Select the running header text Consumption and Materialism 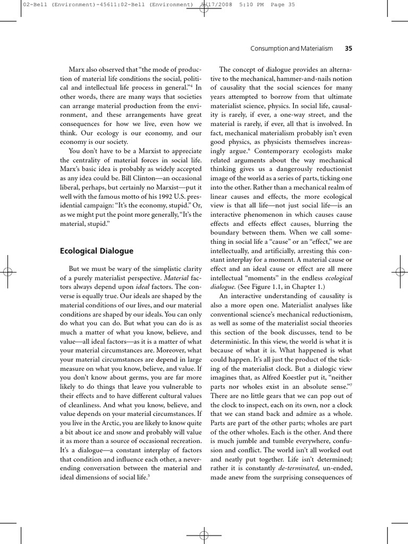coord(291,48)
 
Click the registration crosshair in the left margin coord(8,271)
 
